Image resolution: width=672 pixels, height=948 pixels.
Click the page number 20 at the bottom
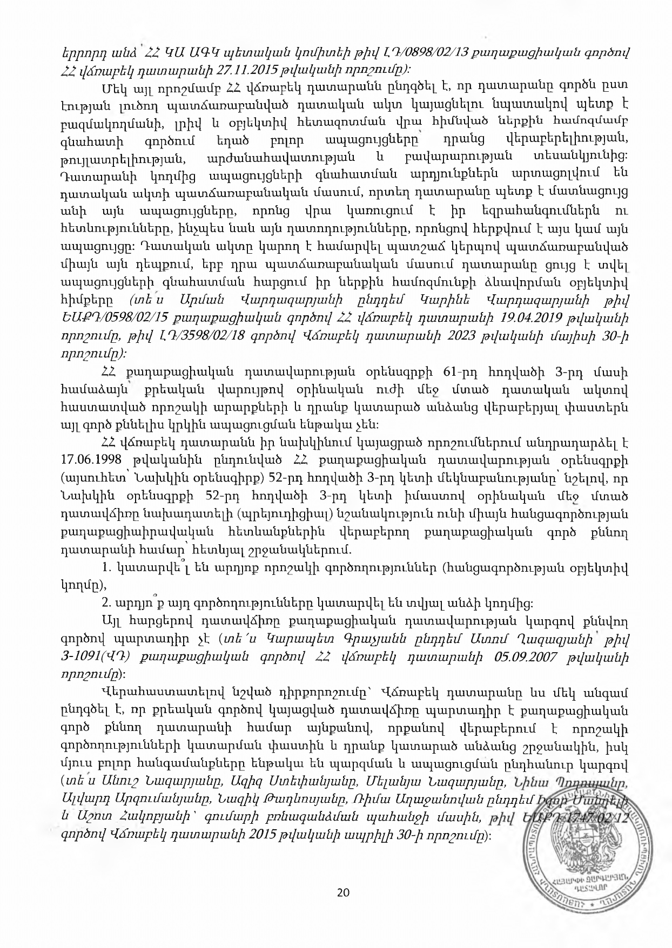[x=342, y=892]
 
